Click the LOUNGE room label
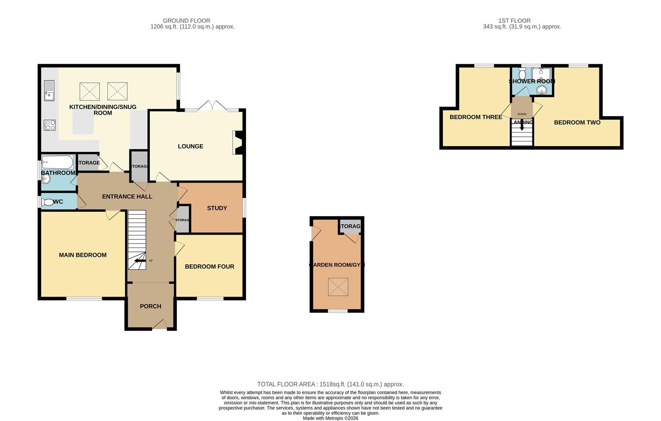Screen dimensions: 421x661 click(191, 147)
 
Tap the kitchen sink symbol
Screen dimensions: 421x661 click(49, 90)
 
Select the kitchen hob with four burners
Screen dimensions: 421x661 click(50, 125)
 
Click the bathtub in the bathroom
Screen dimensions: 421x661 click(57, 162)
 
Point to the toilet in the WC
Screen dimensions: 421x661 click(48, 202)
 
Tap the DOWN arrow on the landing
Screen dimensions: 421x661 click(522, 127)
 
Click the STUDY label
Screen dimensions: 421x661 click(217, 208)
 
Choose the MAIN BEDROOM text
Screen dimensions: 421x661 click(83, 255)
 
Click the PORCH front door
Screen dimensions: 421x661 click(159, 324)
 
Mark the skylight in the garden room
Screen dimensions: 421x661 click(338, 287)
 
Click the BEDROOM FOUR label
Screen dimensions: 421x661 click(210, 267)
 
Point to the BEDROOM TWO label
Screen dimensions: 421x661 click(577, 122)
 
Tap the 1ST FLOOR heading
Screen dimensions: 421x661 click(514, 21)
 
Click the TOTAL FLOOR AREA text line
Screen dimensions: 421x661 click(330, 384)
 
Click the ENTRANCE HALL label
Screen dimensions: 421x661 click(127, 196)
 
